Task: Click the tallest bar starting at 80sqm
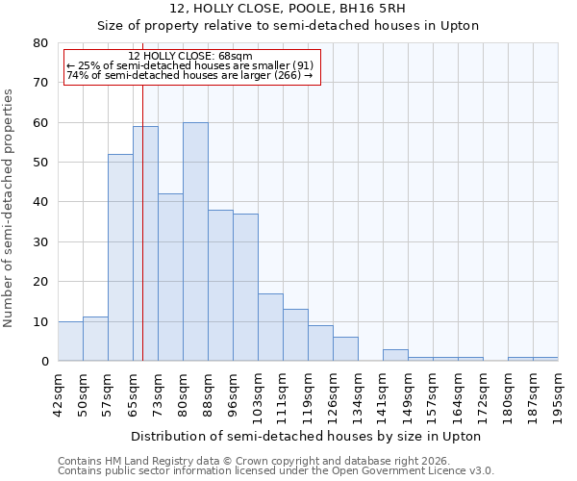pos(195,241)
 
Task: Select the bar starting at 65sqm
pos(145,243)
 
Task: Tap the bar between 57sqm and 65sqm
pos(120,257)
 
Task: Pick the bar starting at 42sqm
pos(70,342)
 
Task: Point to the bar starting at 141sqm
pos(395,355)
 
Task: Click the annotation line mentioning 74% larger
pos(189,75)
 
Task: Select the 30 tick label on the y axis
pos(40,242)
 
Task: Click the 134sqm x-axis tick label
pos(359,394)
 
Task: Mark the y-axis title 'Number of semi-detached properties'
pos(9,208)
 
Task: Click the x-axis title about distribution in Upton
pos(305,436)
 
